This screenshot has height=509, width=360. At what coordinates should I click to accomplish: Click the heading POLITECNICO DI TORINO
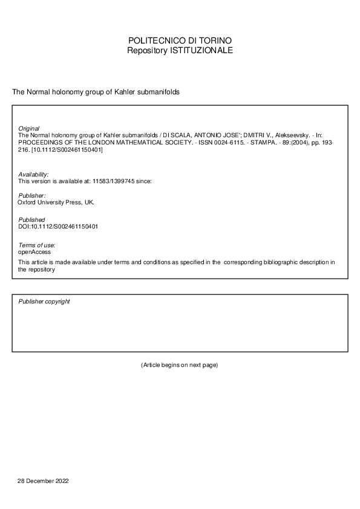click(x=180, y=41)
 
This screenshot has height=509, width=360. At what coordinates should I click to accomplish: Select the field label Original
click(x=29, y=129)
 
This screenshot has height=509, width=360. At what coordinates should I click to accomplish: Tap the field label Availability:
click(x=33, y=174)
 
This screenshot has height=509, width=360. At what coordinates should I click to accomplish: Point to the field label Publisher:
click(x=32, y=196)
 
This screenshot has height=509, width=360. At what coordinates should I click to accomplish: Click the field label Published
click(x=31, y=219)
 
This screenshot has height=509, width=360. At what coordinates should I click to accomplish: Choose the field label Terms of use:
click(x=37, y=245)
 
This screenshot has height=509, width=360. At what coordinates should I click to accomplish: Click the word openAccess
click(x=34, y=251)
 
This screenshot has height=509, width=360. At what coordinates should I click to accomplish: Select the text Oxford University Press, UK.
click(x=56, y=203)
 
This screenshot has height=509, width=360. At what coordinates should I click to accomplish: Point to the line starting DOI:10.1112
click(x=59, y=227)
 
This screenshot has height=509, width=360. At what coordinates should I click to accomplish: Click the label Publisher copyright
click(x=44, y=301)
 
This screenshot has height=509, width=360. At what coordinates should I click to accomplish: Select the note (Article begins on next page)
click(x=179, y=365)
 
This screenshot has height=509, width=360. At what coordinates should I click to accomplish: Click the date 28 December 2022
click(x=43, y=481)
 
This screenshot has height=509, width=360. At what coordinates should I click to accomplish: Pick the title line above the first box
click(x=96, y=92)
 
